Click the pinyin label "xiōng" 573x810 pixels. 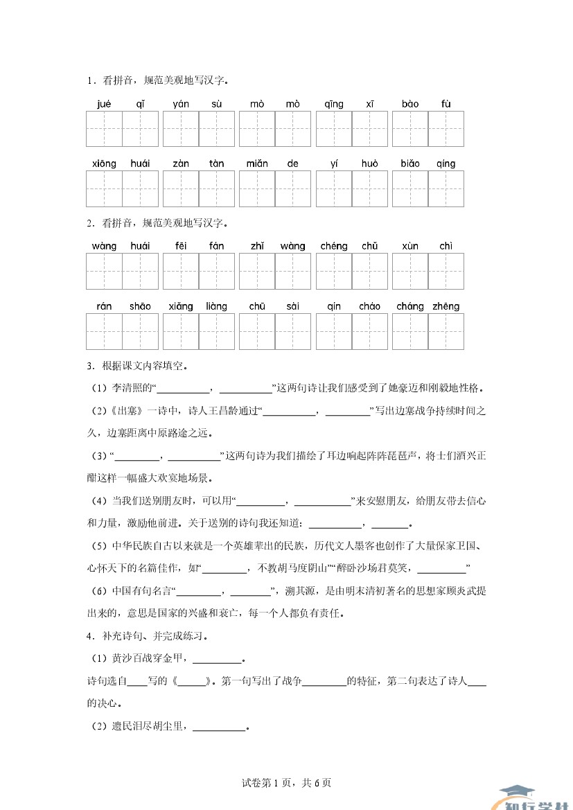coord(104,164)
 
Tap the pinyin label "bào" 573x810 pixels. coord(410,105)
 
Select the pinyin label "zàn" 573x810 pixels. coord(181,164)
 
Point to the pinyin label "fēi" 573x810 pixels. coord(181,246)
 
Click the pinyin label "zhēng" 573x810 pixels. coord(446,306)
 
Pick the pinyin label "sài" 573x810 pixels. coord(292,306)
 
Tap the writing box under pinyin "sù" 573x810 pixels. coord(217,129)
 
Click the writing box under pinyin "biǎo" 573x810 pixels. coord(410,188)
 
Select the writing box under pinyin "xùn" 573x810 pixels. coord(410,271)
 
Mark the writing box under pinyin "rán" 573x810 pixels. coord(104,331)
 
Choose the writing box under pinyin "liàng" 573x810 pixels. coord(217,331)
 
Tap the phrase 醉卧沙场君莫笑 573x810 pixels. coord(375,568)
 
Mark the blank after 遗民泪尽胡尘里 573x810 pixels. coord(220,727)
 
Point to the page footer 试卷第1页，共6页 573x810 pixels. coord(286,783)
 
